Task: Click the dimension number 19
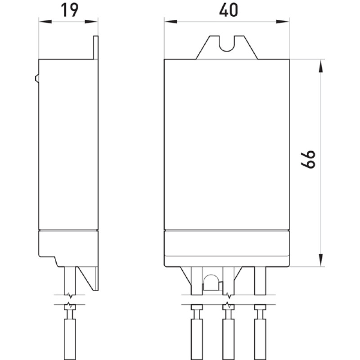(x=69, y=10)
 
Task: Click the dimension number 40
(x=229, y=10)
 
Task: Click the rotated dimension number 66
(x=308, y=160)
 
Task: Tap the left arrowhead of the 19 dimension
(x=45, y=22)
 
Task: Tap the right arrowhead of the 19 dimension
(x=91, y=22)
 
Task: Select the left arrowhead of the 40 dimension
(x=171, y=22)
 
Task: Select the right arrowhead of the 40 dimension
(x=283, y=22)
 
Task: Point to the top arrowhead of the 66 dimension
(x=321, y=66)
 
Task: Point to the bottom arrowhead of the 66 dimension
(x=321, y=260)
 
